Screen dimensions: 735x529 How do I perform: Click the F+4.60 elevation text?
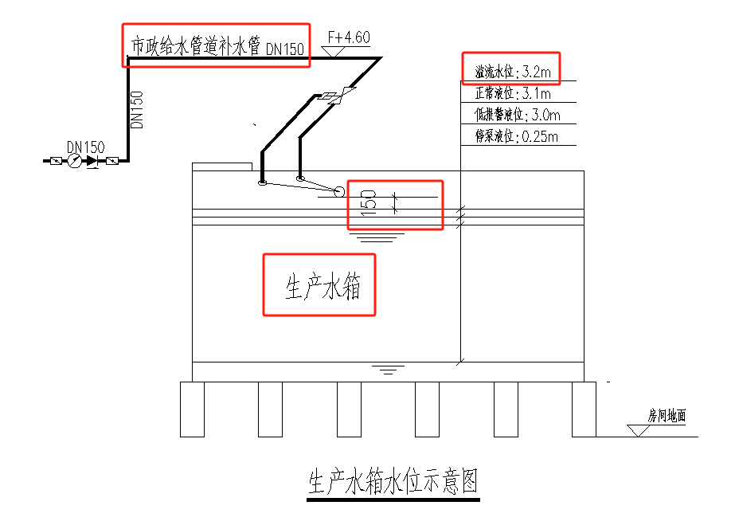click(348, 37)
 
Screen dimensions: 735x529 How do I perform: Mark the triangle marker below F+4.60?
click(332, 51)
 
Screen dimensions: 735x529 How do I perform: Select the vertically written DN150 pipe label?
click(137, 110)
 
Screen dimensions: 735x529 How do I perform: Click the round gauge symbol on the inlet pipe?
click(74, 161)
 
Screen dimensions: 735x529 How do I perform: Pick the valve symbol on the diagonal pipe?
click(335, 97)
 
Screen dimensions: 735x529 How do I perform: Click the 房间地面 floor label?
click(667, 415)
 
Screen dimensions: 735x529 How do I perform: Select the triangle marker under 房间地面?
click(638, 430)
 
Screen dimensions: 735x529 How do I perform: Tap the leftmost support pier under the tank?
click(192, 409)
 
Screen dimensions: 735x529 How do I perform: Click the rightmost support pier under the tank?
click(584, 409)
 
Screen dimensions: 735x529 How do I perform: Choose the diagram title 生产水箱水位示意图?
click(393, 482)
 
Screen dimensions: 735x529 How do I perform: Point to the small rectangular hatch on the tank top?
click(222, 167)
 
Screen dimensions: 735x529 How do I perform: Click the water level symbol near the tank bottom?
click(387, 370)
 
